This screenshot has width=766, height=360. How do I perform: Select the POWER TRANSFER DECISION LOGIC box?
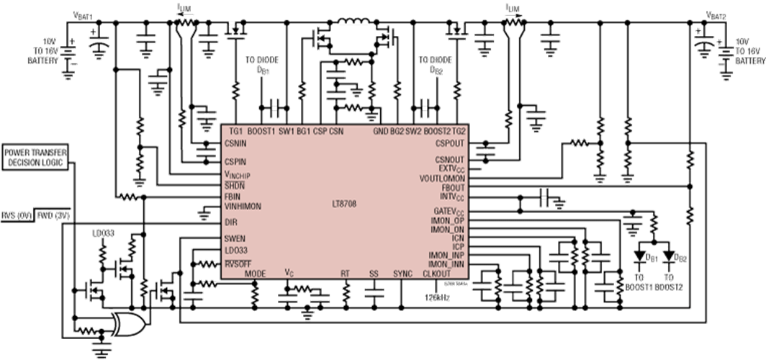(36, 158)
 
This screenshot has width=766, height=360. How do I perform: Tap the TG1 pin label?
(235, 131)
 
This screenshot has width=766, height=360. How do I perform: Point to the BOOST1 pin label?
(261, 131)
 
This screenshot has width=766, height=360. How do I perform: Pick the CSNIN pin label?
(236, 143)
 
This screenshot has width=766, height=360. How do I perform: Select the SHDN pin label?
(235, 184)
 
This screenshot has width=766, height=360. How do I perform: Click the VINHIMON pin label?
(243, 205)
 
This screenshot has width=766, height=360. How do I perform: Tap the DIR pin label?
(231, 222)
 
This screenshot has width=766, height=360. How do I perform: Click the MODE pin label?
(255, 274)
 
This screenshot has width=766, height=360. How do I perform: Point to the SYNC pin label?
(403, 274)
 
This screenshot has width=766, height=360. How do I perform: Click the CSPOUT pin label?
(450, 143)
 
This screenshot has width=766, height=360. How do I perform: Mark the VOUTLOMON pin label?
(442, 177)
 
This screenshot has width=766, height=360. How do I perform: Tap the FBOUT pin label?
(452, 186)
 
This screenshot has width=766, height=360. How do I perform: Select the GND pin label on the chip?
(380, 131)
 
